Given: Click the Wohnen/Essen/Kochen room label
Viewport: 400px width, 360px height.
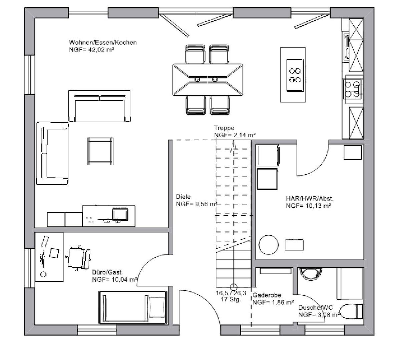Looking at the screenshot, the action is pyautogui.click(x=103, y=42).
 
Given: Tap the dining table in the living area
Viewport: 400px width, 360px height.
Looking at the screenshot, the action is pyautogui.click(x=208, y=80).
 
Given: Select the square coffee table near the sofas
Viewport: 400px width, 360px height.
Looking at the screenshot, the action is pyautogui.click(x=100, y=151).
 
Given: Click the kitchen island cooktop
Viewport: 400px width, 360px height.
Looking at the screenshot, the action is pyautogui.click(x=295, y=75).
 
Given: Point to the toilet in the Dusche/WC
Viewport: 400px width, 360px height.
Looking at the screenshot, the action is pyautogui.click(x=352, y=311).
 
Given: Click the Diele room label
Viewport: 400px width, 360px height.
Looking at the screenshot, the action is pyautogui.click(x=183, y=197).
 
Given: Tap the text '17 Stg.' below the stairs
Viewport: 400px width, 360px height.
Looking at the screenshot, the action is pyautogui.click(x=231, y=299).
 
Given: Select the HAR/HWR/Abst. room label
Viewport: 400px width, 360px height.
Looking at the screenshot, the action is pyautogui.click(x=310, y=198).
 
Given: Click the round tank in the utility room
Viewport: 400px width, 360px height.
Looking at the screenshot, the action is pyautogui.click(x=269, y=245).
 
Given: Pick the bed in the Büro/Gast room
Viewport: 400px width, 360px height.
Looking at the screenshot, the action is pyautogui.click(x=133, y=308).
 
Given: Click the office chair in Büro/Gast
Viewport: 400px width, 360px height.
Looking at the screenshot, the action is pyautogui.click(x=79, y=258).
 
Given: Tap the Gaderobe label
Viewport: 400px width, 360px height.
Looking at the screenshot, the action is pyautogui.click(x=267, y=295).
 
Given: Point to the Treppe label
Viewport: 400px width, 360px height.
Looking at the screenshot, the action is pyautogui.click(x=224, y=128).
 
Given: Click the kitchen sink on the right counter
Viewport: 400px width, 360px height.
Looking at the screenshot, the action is pyautogui.click(x=346, y=47).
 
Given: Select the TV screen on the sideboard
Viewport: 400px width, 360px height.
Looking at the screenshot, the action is pyautogui.click(x=120, y=214).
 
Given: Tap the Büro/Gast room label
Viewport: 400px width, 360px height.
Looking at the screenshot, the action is pyautogui.click(x=107, y=272).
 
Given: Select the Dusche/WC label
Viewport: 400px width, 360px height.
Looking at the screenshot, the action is pyautogui.click(x=316, y=308).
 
